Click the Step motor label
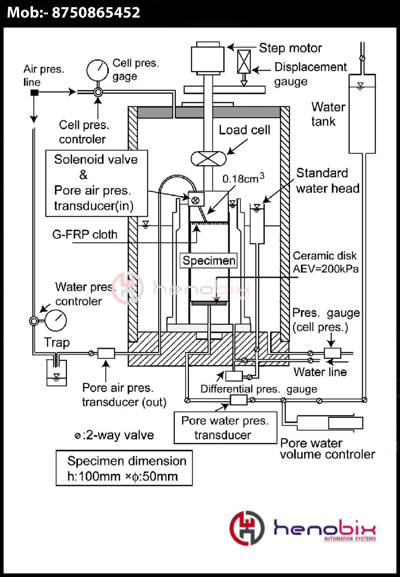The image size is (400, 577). [x=290, y=48]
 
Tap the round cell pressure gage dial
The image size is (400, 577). [x=97, y=70]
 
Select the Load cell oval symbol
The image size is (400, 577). [x=208, y=159]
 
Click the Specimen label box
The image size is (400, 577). [x=209, y=261]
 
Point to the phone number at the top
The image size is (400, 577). [x=74, y=12]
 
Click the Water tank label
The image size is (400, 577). [x=328, y=114]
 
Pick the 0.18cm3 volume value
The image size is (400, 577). [x=243, y=178]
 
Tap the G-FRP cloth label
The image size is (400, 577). [x=85, y=234]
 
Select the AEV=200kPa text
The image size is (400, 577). [x=325, y=269]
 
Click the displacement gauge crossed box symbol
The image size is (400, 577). [x=244, y=62]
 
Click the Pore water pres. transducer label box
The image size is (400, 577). [x=225, y=428]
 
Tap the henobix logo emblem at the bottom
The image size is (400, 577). [x=247, y=528]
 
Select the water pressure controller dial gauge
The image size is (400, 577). [x=56, y=320]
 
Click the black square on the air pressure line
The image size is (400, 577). [x=35, y=92]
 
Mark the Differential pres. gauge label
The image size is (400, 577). [x=258, y=389]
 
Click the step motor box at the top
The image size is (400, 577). [x=207, y=58]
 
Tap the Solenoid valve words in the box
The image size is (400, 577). [x=96, y=159]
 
